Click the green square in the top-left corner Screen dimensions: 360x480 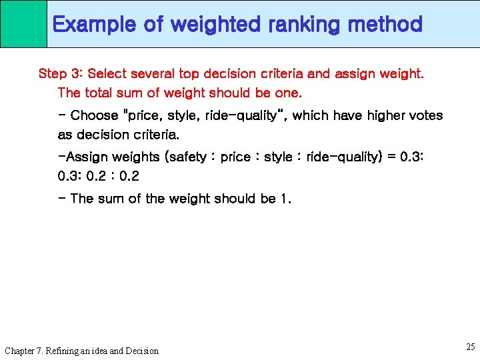(x=23, y=23)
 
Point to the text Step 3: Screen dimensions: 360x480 (x=61, y=73)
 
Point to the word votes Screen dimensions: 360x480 (x=425, y=115)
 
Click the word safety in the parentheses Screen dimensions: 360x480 (x=188, y=157)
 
